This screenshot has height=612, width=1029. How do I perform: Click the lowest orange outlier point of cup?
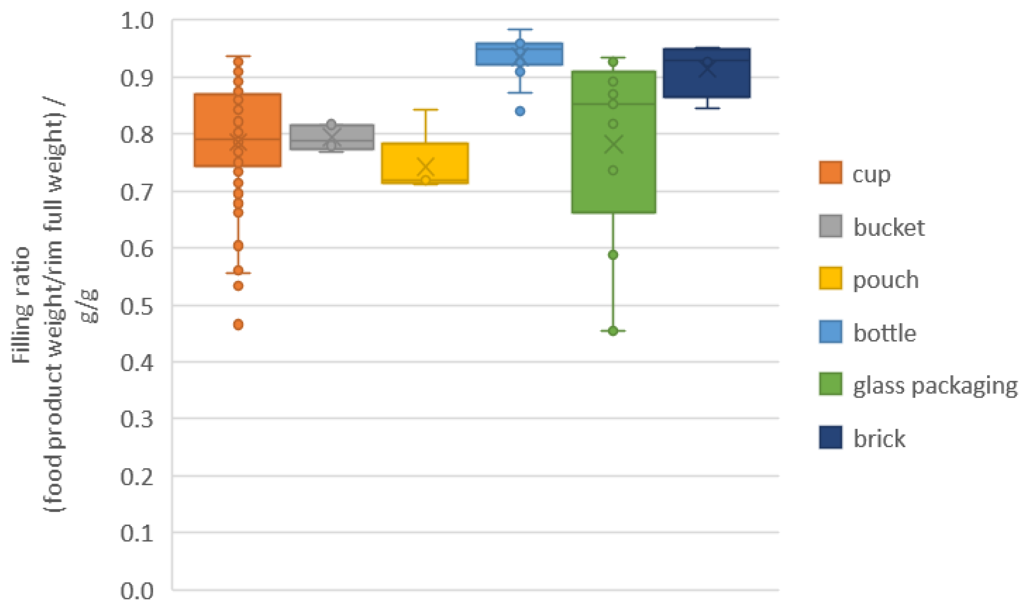point(238,324)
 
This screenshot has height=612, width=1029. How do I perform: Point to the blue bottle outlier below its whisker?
point(520,111)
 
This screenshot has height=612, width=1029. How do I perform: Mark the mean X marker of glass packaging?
point(613,144)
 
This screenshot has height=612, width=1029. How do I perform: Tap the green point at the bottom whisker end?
point(613,331)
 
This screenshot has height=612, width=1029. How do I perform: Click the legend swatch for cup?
point(830,173)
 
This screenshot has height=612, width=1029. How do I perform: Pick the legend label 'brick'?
point(879,439)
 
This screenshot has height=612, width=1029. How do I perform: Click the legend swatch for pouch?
point(830,279)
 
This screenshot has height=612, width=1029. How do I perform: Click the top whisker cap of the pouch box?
point(425,110)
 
